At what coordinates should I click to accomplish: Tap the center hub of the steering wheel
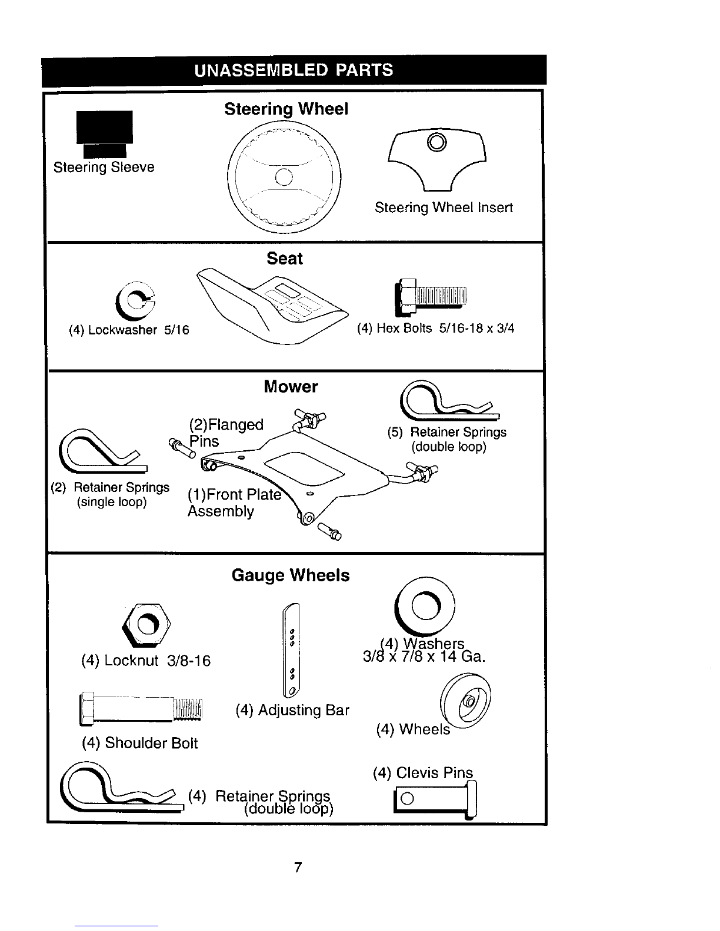284,177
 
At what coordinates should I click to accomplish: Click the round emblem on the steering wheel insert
437,142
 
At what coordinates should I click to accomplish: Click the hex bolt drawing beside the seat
430,297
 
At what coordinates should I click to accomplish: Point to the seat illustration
273,306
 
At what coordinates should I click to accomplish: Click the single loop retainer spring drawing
103,451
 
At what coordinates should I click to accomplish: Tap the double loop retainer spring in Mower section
450,401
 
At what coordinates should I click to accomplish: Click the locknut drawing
146,625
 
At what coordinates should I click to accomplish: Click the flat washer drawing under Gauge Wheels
425,606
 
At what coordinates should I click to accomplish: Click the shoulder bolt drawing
141,709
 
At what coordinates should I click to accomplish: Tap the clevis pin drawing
435,799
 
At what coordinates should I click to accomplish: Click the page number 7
298,867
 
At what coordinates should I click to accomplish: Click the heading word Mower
291,387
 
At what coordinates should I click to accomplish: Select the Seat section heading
285,259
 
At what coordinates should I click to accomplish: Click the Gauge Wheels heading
291,575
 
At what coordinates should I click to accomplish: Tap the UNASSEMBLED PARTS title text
294,70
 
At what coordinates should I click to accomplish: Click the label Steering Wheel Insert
444,207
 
